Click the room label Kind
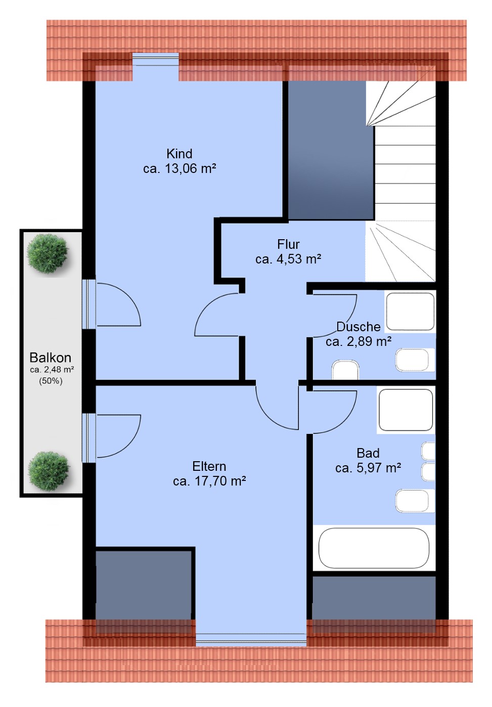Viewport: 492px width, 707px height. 179,154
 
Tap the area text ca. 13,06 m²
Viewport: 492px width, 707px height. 179,169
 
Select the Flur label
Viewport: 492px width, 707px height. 288,244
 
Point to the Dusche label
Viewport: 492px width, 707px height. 358,327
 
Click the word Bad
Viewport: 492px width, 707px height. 368,453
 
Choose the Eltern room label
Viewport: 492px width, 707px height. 209,466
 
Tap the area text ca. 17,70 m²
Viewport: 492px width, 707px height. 209,481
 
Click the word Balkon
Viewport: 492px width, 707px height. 50,358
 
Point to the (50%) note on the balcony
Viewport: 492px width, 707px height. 51,381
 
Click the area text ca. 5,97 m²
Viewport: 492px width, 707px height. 368,468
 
